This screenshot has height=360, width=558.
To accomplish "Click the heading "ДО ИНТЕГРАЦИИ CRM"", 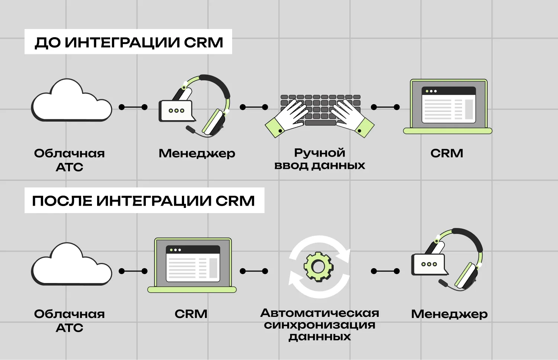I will [128, 42].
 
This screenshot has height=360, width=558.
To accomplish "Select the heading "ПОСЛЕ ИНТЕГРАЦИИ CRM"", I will [144, 201].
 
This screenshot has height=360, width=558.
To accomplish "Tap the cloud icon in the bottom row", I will [71, 266].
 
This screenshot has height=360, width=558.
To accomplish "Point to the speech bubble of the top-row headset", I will [176, 110].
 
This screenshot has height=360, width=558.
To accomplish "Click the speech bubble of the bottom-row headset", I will [429, 264].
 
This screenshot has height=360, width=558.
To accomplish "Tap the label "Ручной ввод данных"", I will [320, 159].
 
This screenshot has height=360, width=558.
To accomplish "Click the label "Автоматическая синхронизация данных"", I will [320, 325].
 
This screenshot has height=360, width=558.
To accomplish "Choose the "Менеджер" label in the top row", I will [197, 153].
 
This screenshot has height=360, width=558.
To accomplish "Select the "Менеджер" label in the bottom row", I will [449, 314].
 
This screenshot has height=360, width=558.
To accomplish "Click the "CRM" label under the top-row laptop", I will [447, 153].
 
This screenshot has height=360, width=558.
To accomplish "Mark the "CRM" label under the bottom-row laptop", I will [191, 314].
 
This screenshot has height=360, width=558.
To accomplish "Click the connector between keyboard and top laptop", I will [385, 107].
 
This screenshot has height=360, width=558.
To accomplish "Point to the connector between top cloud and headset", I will [133, 107].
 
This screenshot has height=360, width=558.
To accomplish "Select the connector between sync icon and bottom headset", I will [385, 271].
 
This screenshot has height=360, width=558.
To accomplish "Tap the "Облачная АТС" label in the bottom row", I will [70, 321].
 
